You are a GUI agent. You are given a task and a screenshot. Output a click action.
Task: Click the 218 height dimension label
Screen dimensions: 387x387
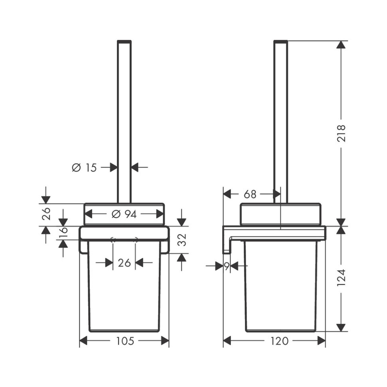click(x=342, y=134)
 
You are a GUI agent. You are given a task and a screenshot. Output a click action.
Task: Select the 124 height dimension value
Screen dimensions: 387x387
click(x=342, y=278)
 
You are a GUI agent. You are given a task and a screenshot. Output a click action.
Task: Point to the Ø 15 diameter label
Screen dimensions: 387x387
click(x=84, y=168)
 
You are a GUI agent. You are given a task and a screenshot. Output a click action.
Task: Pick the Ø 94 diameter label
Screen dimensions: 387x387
click(x=124, y=214)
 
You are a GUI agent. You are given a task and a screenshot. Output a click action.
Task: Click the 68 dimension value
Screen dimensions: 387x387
click(x=250, y=194)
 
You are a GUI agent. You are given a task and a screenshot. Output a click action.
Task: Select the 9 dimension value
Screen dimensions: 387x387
click(x=227, y=266)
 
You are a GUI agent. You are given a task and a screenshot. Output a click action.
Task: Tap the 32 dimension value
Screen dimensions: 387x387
click(x=182, y=240)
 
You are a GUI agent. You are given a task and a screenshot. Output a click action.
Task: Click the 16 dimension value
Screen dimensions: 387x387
click(x=63, y=233)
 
